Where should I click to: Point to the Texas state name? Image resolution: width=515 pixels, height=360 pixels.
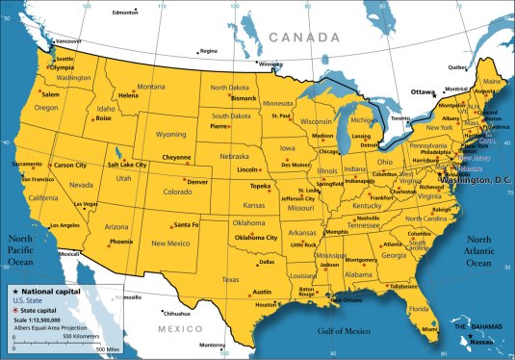tap(230, 279)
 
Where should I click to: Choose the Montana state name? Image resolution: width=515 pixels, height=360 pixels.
tap(151, 87)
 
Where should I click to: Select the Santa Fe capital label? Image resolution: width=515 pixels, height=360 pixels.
tap(187, 224)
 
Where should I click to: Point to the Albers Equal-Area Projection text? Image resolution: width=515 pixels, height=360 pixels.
tap(49, 326)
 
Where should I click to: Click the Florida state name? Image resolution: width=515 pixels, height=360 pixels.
tap(418, 309)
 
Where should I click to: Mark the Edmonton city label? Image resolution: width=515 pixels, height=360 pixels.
tap(125, 13)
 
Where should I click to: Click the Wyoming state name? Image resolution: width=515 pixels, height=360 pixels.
tap(170, 135)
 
